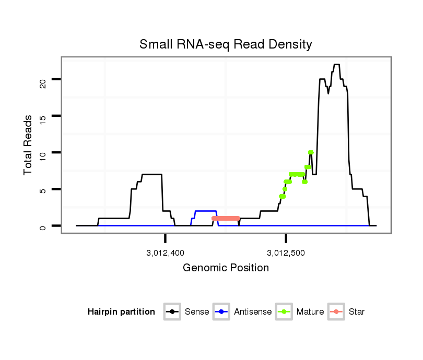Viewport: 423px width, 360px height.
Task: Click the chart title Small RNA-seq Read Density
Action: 226,44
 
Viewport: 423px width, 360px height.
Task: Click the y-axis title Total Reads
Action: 28,145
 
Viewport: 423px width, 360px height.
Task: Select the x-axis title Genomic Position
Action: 226,268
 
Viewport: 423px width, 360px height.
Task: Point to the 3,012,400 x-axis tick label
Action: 165,253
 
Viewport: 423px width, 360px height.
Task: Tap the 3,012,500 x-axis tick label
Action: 286,253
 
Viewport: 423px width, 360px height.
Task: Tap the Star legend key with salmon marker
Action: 337,312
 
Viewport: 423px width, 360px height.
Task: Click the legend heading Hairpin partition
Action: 121,312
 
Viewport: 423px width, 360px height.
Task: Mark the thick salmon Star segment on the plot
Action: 226,218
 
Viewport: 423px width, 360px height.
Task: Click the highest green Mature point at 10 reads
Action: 311,152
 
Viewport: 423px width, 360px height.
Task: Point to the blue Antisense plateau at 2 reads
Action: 206,211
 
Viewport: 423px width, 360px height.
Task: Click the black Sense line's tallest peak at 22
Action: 336,65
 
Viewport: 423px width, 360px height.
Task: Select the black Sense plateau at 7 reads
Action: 152,174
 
